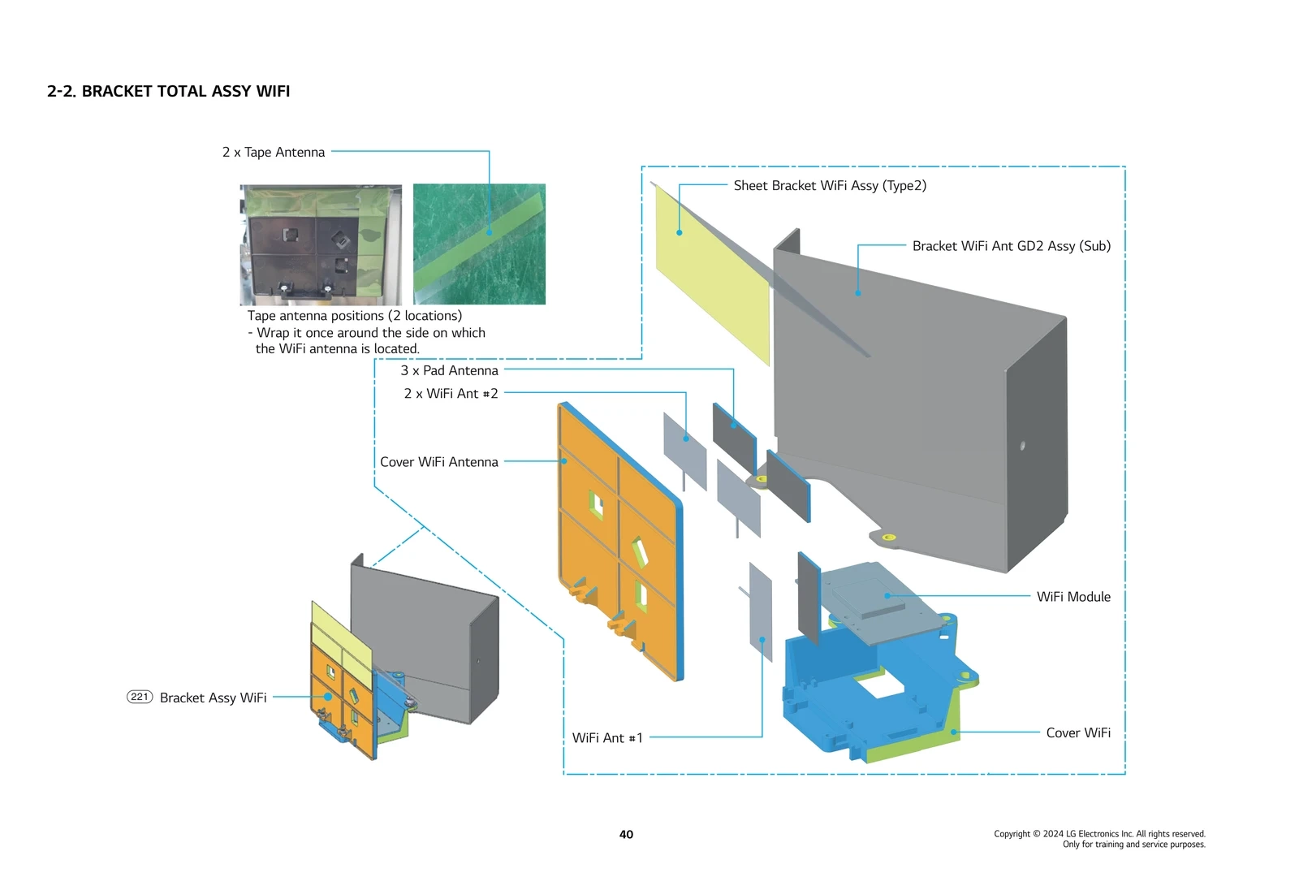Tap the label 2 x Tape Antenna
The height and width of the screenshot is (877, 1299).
tap(274, 152)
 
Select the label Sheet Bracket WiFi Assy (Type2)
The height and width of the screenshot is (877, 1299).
tap(829, 185)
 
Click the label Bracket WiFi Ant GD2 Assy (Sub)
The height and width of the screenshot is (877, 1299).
tap(1011, 245)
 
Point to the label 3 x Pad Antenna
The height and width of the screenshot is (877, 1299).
tap(449, 370)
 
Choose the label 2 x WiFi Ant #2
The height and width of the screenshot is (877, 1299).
tap(451, 393)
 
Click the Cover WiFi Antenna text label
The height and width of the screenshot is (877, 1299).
tap(438, 461)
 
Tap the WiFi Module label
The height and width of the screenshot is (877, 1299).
tap(1072, 596)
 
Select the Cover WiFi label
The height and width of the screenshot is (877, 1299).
tap(1077, 732)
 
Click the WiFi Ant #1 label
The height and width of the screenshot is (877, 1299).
tap(606, 737)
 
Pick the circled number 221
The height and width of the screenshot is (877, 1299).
tap(140, 697)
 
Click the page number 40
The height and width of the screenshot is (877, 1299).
tap(626, 834)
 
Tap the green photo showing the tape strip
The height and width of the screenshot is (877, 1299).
tap(479, 244)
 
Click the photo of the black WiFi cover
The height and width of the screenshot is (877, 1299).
tap(321, 244)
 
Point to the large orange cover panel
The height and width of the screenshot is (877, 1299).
tap(617, 536)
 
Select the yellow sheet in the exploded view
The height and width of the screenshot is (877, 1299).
tap(711, 276)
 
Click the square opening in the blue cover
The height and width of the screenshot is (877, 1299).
tap(880, 687)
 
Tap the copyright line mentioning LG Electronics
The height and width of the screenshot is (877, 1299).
tap(1099, 834)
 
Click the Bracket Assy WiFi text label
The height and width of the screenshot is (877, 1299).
tap(213, 698)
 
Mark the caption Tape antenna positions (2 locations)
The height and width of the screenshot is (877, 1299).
tap(354, 315)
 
